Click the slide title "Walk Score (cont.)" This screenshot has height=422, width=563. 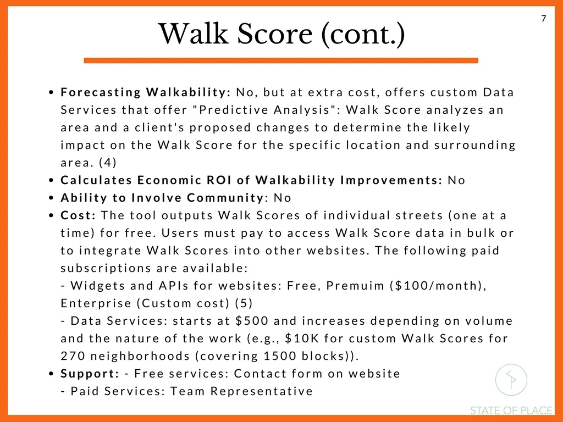[x=281, y=35]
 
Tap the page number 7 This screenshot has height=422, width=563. [x=544, y=19]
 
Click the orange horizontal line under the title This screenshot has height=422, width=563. [x=281, y=60]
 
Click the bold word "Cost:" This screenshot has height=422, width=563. [x=79, y=215]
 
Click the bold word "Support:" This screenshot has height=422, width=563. [x=90, y=374]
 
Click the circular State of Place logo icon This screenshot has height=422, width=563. [x=511, y=380]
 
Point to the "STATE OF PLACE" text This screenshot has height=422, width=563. [x=511, y=410]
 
